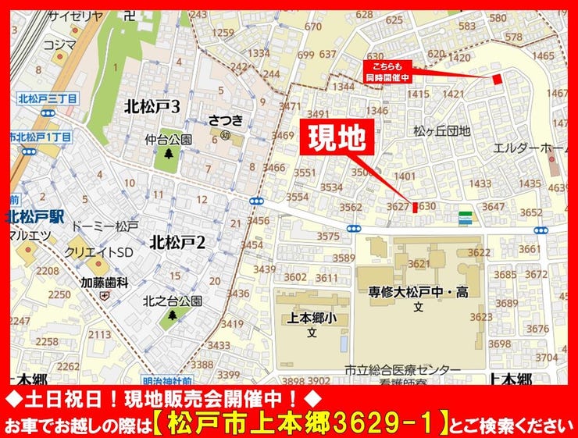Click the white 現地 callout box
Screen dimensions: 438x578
[x=337, y=138]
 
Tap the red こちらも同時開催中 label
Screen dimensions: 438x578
[x=387, y=73]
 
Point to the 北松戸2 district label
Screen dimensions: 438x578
[x=178, y=243]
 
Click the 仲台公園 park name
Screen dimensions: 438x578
[x=168, y=140]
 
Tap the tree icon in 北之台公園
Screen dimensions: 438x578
[x=174, y=315]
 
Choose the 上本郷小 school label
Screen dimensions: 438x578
[x=311, y=319]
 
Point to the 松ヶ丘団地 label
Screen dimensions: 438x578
[x=442, y=131]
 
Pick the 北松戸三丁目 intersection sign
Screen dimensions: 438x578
[x=48, y=99]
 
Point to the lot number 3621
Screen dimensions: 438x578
[x=419, y=264]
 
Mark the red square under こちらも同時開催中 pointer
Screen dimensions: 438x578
[x=498, y=80]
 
